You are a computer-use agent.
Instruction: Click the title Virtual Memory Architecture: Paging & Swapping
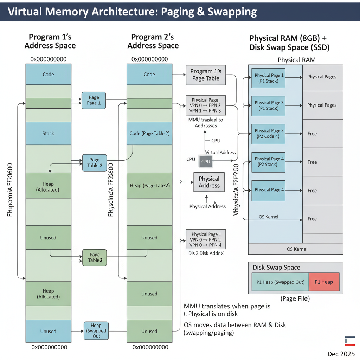(x=132, y=12)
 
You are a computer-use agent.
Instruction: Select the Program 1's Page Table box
(x=206, y=75)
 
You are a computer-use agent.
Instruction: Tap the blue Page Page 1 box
(x=94, y=100)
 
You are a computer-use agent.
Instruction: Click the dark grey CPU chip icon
(x=206, y=161)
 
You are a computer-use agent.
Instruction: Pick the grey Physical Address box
(x=209, y=182)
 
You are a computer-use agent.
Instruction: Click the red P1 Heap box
(x=323, y=282)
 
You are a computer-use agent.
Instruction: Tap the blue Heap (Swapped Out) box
(x=96, y=331)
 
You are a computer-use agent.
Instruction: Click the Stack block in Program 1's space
(x=48, y=133)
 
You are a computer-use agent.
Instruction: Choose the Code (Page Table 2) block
(x=149, y=133)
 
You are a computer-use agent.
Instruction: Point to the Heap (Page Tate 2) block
(x=149, y=185)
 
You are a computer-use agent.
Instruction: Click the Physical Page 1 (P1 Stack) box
(x=269, y=78)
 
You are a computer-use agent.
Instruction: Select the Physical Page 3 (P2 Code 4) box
(x=269, y=134)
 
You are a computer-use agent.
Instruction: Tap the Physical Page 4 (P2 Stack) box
(x=269, y=162)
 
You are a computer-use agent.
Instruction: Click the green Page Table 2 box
(x=94, y=257)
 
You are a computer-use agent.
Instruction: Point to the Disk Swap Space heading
(x=276, y=268)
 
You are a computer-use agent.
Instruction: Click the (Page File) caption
(x=295, y=298)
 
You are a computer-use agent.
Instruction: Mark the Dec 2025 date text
(x=341, y=354)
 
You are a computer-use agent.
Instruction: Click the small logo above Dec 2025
(x=350, y=341)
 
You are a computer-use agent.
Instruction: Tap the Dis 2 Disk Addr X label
(x=206, y=253)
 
